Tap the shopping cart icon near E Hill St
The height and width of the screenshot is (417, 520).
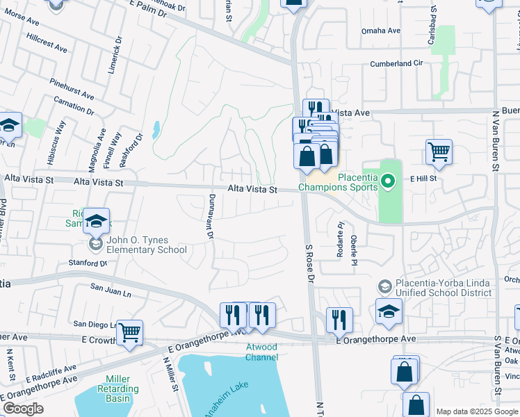(439, 152)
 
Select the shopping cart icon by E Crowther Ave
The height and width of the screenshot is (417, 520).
(129, 332)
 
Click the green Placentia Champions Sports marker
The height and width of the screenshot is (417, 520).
(389, 182)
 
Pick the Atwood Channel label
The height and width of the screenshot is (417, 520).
(261, 352)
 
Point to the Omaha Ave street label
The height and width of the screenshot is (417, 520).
(381, 31)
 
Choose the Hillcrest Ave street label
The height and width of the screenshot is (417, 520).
(46, 41)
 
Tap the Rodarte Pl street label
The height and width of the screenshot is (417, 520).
(341, 239)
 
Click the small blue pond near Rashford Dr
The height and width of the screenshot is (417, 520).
(155, 129)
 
